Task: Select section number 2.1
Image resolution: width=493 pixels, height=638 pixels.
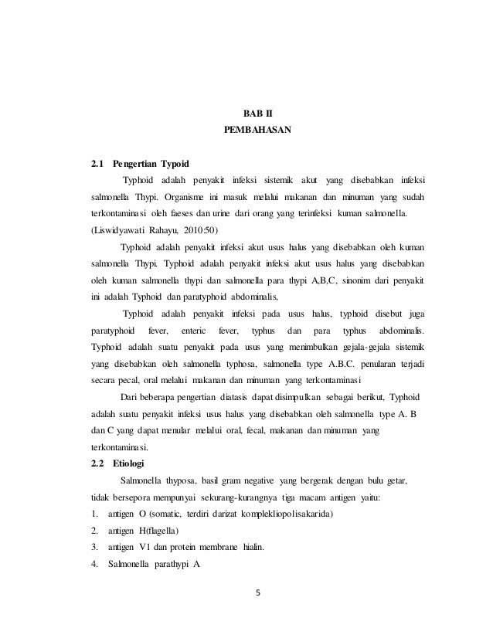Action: click(x=97, y=164)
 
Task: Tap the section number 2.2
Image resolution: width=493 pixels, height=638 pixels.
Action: click(x=97, y=464)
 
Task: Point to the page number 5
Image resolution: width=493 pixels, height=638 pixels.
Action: click(x=259, y=593)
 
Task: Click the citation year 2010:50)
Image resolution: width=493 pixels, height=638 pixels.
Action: click(x=199, y=230)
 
